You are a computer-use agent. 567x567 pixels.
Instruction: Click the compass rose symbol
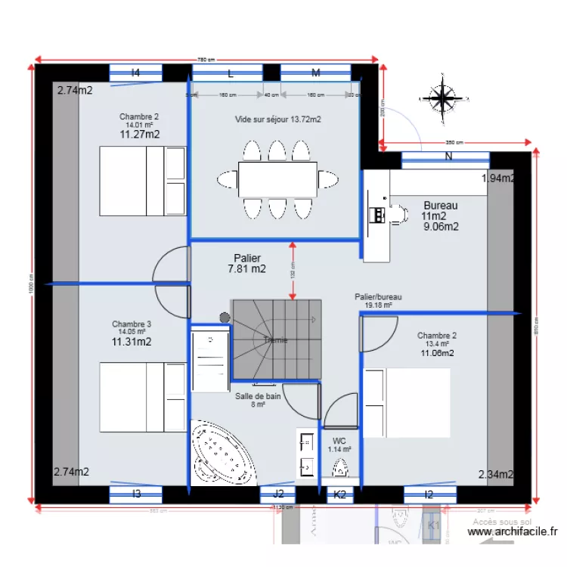coord(441,96)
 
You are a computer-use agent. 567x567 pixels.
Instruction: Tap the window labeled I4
coord(136,73)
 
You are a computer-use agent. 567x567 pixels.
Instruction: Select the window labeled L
coord(230,73)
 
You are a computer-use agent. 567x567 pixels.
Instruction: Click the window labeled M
coord(316,73)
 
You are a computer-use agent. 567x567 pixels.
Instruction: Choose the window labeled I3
coord(136,494)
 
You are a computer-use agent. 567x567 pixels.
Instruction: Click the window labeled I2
coord(429,494)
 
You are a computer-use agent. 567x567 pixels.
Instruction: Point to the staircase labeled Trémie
coord(276,339)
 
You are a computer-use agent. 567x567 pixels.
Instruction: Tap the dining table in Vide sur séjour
coord(278,179)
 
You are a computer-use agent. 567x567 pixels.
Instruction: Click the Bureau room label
coord(440,206)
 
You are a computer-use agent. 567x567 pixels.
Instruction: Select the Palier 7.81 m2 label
coord(247,263)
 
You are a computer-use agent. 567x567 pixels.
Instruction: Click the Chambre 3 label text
coord(132,324)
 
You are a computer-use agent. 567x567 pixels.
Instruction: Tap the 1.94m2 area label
coord(498,178)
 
